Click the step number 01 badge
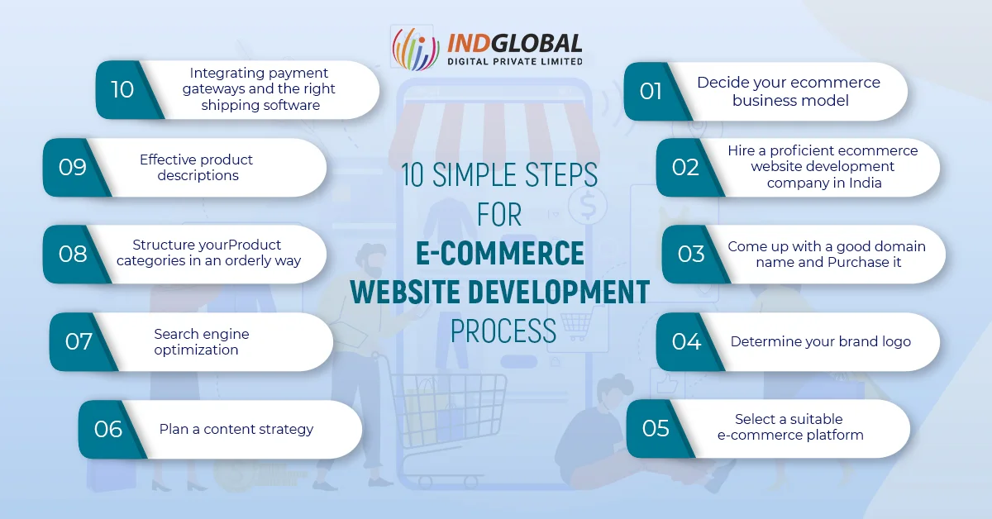coord(651,91)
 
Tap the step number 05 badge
coord(656,428)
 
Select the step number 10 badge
coord(122,89)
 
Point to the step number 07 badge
coord(79,340)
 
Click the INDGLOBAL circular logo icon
coord(415,50)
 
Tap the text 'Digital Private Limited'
coord(514,60)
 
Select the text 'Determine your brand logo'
coord(820,341)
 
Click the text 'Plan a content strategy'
coord(236,429)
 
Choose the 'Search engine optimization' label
coord(201,341)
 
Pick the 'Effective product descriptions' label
coord(197,167)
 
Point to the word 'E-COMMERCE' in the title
coord(500,254)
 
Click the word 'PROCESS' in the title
coord(503,331)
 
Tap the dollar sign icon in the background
coord(587,207)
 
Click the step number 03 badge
coord(691,254)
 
